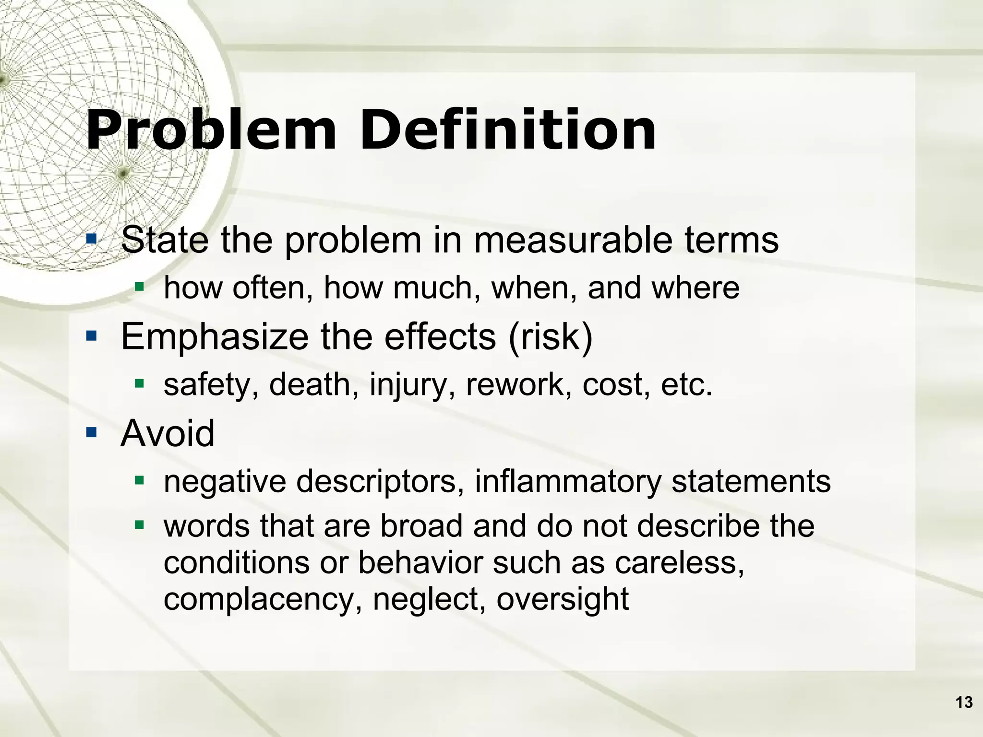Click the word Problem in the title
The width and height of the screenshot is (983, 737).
point(211,131)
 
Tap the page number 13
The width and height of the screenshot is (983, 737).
point(964,702)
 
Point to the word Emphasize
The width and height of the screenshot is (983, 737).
point(215,337)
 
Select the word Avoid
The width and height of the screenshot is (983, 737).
point(168,433)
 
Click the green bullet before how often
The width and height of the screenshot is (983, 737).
point(139,287)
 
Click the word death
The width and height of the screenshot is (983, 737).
point(310,385)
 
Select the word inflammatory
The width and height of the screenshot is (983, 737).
point(568,482)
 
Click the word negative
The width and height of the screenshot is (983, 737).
point(225,482)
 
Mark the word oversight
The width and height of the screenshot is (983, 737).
point(562,599)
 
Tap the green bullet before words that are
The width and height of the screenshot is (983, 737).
point(139,525)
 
